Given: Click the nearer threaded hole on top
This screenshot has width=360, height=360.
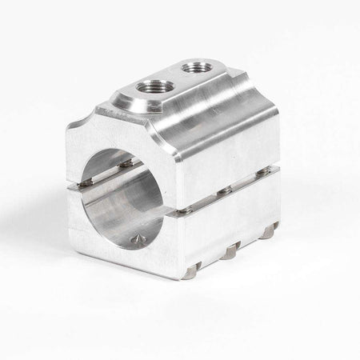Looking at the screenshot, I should coord(152,86).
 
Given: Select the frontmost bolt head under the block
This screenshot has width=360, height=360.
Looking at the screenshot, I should coord(190,272).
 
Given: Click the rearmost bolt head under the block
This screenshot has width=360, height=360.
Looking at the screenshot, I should coord(269,233).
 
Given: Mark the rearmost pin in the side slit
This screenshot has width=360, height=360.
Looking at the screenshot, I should coord(262,171).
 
